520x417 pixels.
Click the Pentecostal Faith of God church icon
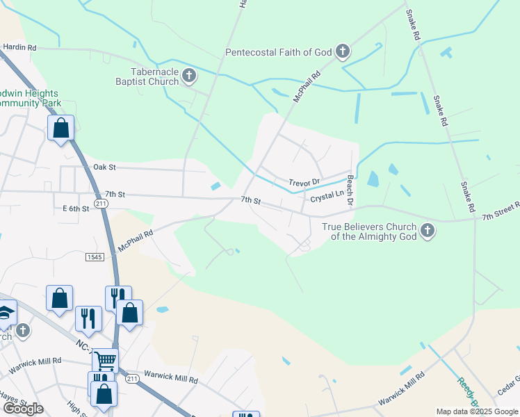point(342,51)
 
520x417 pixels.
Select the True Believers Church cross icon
point(427,231)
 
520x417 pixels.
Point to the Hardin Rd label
point(19,47)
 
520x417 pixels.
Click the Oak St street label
point(104,167)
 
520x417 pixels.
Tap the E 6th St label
point(76,208)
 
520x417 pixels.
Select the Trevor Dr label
point(304,182)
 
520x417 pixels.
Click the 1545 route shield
point(95,257)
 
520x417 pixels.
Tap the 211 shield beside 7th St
point(101,203)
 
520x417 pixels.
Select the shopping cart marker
point(105,360)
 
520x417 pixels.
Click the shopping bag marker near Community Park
point(60,128)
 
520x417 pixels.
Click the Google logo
point(23,408)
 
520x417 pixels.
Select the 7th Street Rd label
point(501,212)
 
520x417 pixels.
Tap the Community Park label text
point(31,103)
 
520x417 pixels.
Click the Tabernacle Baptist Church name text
point(145,76)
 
